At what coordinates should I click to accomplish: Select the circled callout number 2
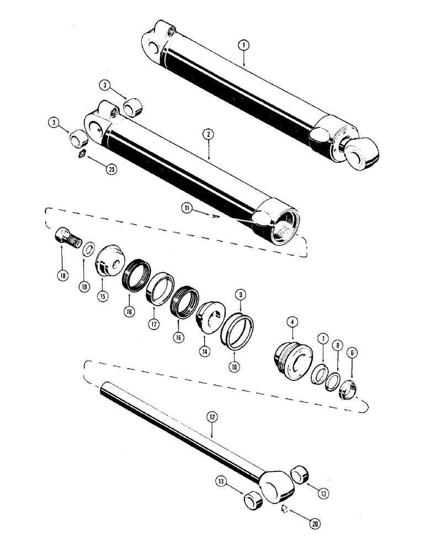(x=209, y=134)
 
